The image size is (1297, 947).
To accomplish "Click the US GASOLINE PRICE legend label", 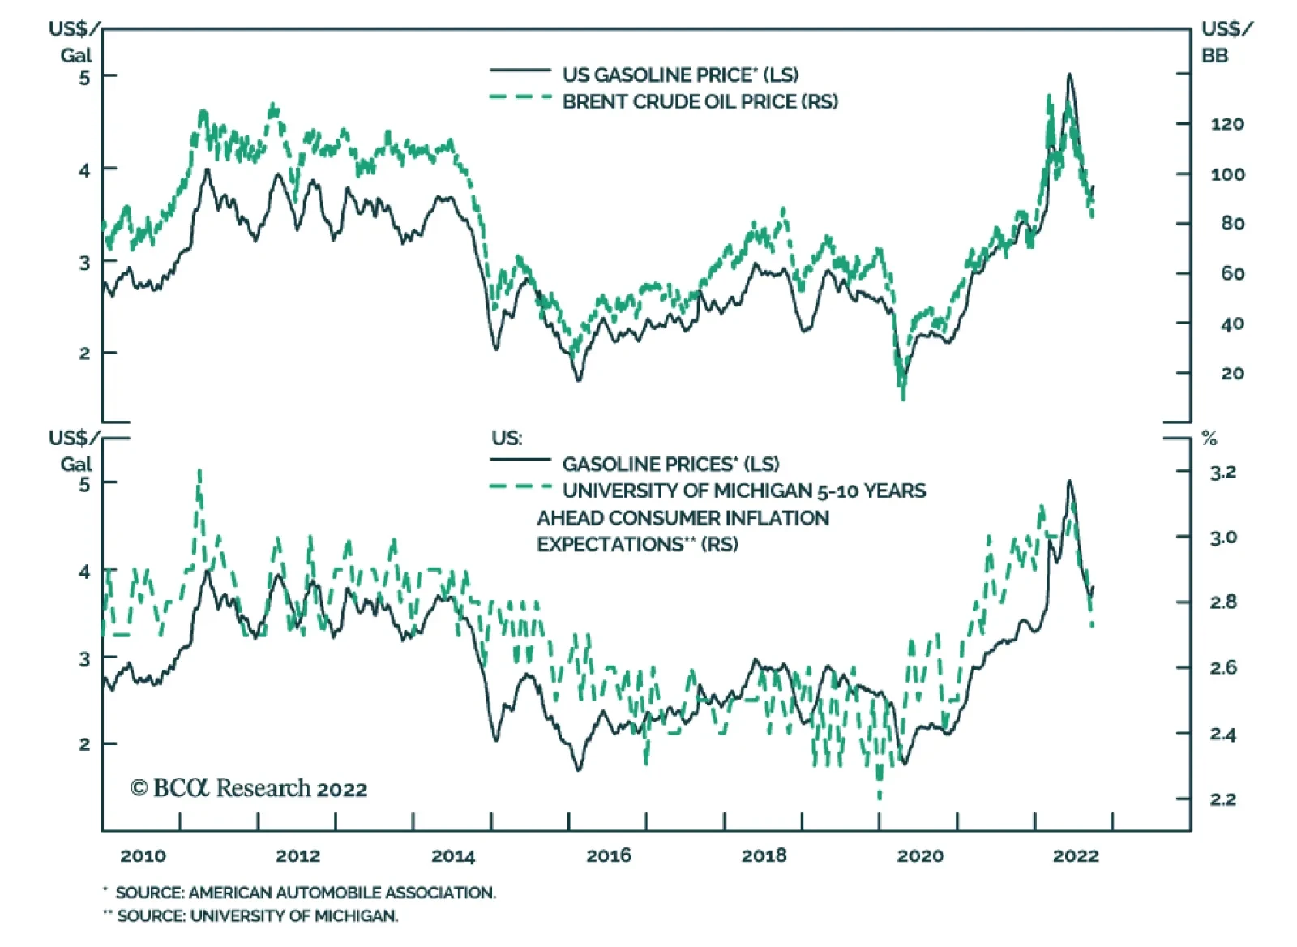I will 680,75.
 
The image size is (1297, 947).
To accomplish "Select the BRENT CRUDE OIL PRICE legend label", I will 700,101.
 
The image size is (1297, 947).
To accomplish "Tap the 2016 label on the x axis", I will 609,855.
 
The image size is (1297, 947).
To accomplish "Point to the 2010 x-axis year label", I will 143,855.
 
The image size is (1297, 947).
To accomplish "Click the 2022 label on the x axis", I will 1076,855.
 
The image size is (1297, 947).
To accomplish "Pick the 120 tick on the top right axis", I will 1227,124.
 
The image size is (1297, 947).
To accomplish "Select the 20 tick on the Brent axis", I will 1231,374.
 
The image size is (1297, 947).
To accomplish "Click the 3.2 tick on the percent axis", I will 1223,472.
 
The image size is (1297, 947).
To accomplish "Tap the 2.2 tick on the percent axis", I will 1223,799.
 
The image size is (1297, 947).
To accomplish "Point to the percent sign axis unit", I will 1209,439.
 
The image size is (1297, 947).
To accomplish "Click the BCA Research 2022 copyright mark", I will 249,788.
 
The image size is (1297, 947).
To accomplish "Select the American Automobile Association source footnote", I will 305,893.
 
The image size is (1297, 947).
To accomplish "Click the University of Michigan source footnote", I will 257,916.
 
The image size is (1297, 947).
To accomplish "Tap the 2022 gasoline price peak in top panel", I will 1070,75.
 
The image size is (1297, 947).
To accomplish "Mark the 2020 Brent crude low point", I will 903,397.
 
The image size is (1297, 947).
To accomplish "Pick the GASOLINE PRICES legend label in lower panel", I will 670,464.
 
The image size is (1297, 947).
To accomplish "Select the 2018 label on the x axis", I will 764,855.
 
